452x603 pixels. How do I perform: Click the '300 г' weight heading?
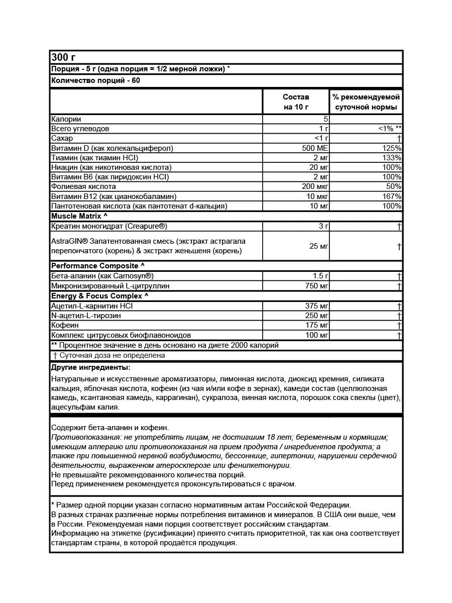coord(63,57)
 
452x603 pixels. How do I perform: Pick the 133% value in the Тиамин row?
coord(391,158)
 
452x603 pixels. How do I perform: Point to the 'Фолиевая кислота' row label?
coord(83,186)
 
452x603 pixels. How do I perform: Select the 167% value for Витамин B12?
coord(391,196)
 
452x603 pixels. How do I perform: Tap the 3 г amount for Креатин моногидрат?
coord(323,226)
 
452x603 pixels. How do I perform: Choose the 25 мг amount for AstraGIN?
coord(318,246)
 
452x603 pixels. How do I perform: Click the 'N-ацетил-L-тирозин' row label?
coord(86,316)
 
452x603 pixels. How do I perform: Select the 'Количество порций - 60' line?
coord(95,80)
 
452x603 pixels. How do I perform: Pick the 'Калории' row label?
coord(66,119)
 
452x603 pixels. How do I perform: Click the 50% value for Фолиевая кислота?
coord(393,186)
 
